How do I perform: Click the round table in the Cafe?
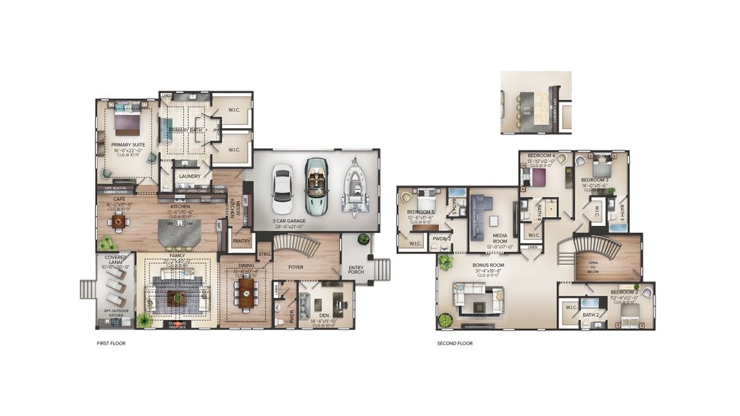pyautogui.click(x=119, y=222)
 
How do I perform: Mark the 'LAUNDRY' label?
pyautogui.click(x=189, y=176)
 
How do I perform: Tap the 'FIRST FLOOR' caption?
pyautogui.click(x=111, y=343)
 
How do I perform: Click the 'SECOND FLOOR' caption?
pyautogui.click(x=455, y=343)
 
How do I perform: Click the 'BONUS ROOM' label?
pyautogui.click(x=489, y=266)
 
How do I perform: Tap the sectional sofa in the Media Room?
pyautogui.click(x=480, y=216)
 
